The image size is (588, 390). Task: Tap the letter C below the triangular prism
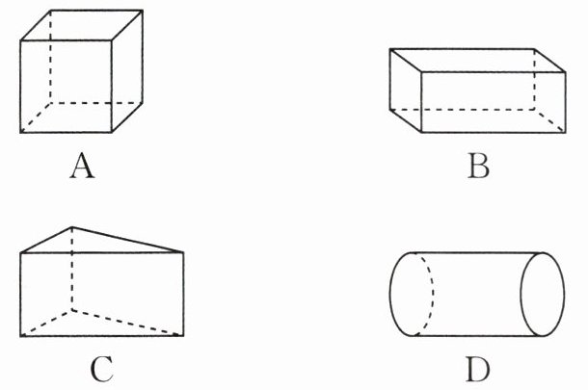pos(104,369)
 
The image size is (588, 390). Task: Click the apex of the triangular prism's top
pos(71,228)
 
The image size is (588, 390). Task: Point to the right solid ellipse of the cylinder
pos(542,293)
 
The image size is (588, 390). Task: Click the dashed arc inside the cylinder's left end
pos(429,293)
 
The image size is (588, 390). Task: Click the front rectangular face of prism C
pos(101,294)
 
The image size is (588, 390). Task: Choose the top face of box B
pos(478,60)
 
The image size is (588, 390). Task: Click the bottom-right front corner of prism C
pos(183,335)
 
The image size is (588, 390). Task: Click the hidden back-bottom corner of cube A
pos(51,101)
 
